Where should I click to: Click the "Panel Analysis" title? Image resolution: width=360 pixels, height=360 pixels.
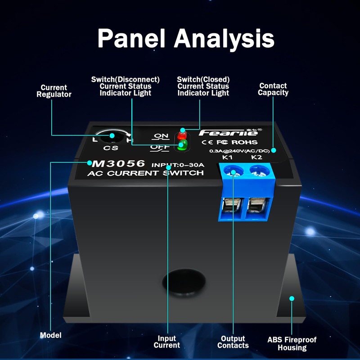186,38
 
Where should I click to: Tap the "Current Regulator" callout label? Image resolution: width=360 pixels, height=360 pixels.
54,91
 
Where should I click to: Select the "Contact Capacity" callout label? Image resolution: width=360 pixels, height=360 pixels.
273,89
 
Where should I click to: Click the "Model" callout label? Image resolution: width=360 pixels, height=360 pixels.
50,335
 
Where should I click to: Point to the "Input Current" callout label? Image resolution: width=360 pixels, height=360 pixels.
166,342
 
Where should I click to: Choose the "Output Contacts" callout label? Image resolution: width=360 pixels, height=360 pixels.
233,342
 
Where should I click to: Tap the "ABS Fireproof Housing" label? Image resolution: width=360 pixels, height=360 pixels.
292,344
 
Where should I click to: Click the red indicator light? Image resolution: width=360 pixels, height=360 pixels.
182,135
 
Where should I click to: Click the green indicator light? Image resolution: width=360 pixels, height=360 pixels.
182,145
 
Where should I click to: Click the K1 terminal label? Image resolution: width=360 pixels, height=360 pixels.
228,157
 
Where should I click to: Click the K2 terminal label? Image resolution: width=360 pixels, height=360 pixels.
256,157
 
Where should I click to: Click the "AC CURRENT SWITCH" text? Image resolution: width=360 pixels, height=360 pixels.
145,173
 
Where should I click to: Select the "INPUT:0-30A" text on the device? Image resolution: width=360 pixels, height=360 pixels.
178,165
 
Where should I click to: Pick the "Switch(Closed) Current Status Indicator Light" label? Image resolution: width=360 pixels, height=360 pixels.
203,86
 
